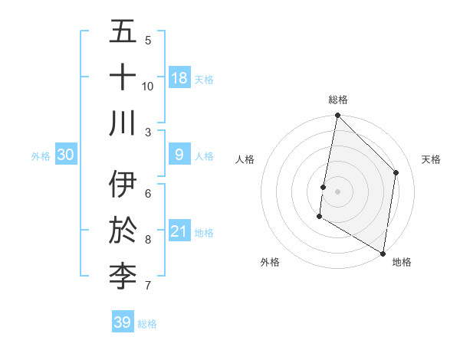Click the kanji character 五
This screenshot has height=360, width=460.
click(x=123, y=32)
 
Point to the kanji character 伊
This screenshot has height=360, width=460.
click(x=123, y=185)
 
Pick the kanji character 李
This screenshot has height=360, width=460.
click(x=123, y=277)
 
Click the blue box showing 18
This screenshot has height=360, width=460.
click(x=179, y=77)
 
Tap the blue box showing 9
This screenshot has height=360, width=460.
click(x=179, y=155)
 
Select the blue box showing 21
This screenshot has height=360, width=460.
click(x=179, y=231)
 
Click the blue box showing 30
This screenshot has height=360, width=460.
click(x=65, y=155)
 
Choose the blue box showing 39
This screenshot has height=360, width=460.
click(x=122, y=322)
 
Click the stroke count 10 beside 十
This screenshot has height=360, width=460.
click(x=148, y=86)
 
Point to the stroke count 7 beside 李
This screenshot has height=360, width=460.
click(x=148, y=286)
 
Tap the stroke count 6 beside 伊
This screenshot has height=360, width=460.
click(x=148, y=193)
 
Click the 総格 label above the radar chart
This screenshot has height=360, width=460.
click(x=337, y=100)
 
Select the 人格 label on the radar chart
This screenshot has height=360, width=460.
click(x=245, y=159)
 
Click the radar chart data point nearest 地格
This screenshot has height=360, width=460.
click(x=383, y=253)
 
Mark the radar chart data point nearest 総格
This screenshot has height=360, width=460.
click(x=337, y=116)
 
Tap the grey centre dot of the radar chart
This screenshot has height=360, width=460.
click(x=337, y=191)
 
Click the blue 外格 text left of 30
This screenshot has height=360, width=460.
click(x=41, y=155)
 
